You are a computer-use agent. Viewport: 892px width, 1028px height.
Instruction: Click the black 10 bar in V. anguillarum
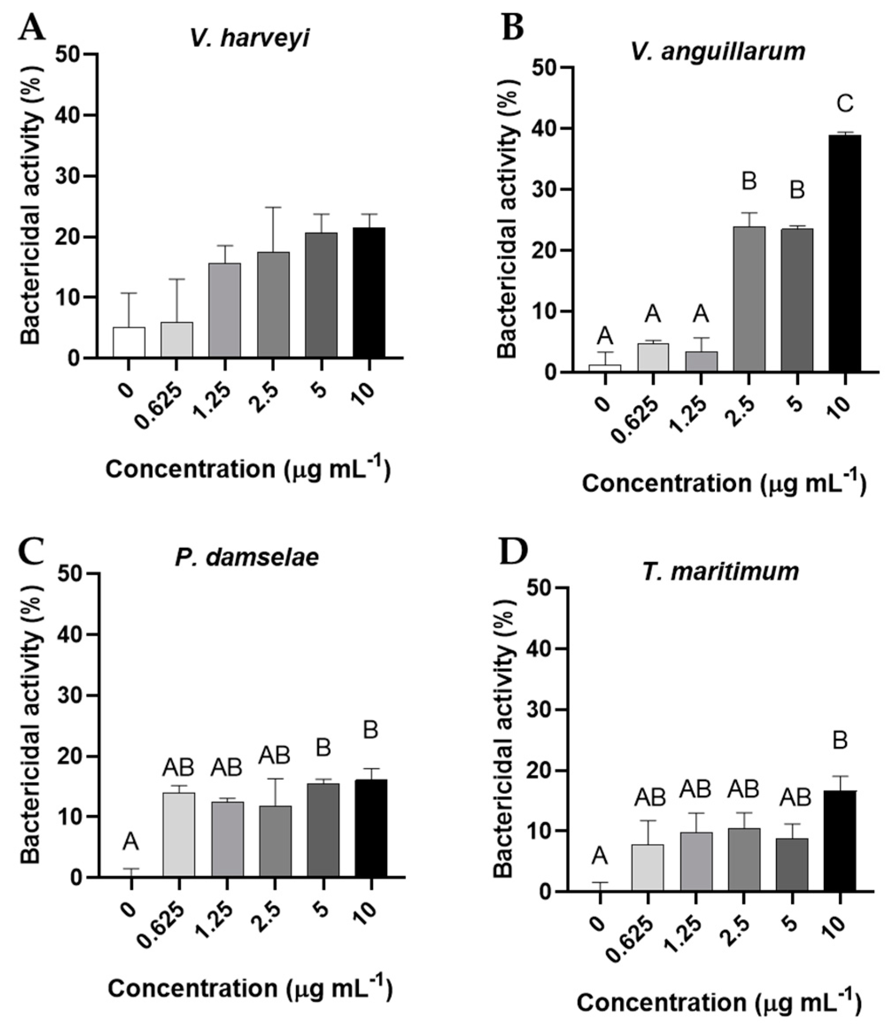[845, 254]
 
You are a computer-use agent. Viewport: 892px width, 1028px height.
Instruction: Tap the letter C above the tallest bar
[845, 104]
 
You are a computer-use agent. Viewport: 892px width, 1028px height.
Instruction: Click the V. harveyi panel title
[249, 39]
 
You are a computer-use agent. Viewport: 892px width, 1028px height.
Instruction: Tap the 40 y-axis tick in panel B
[544, 129]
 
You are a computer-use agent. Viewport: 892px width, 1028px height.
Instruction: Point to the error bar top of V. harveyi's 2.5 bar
[273, 208]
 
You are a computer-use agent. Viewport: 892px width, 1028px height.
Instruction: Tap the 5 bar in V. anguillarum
[797, 300]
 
